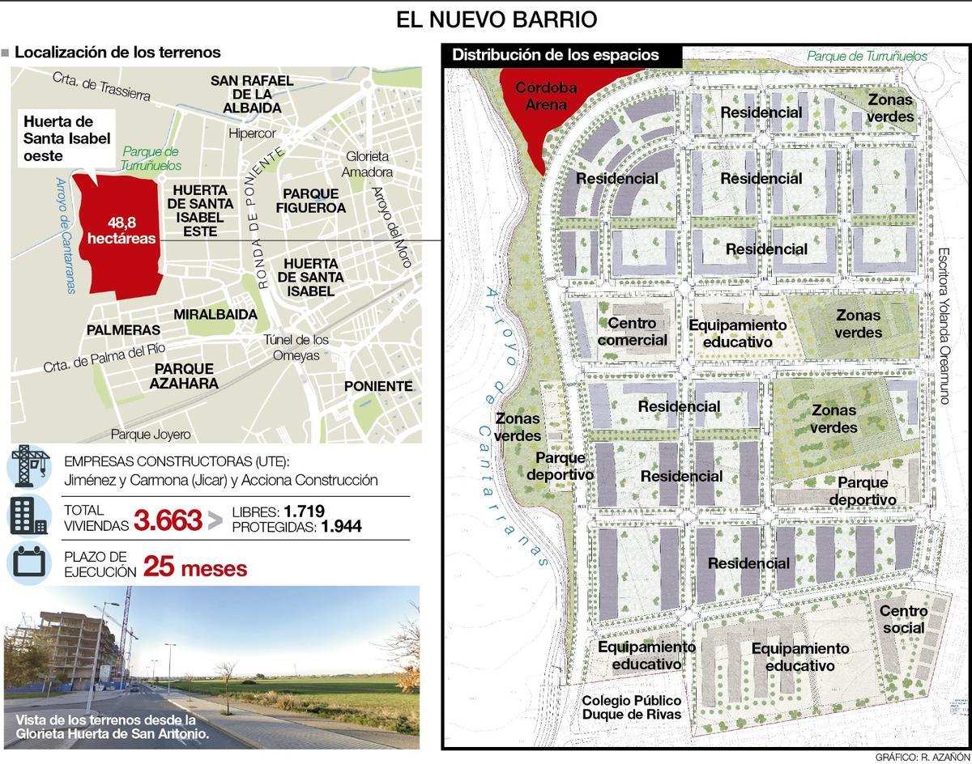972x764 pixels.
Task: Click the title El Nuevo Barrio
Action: point(497,19)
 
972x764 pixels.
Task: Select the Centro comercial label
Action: point(633,333)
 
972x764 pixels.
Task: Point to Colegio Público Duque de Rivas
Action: point(631,707)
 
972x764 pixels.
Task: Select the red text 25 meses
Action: point(195,568)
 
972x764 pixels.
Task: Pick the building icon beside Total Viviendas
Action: point(30,515)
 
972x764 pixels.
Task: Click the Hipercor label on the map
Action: point(252,134)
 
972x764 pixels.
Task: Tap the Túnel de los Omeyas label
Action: point(296,347)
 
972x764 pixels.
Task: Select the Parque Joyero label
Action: point(151,435)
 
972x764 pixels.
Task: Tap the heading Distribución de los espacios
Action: point(556,55)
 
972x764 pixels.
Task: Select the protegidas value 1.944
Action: point(341,527)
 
